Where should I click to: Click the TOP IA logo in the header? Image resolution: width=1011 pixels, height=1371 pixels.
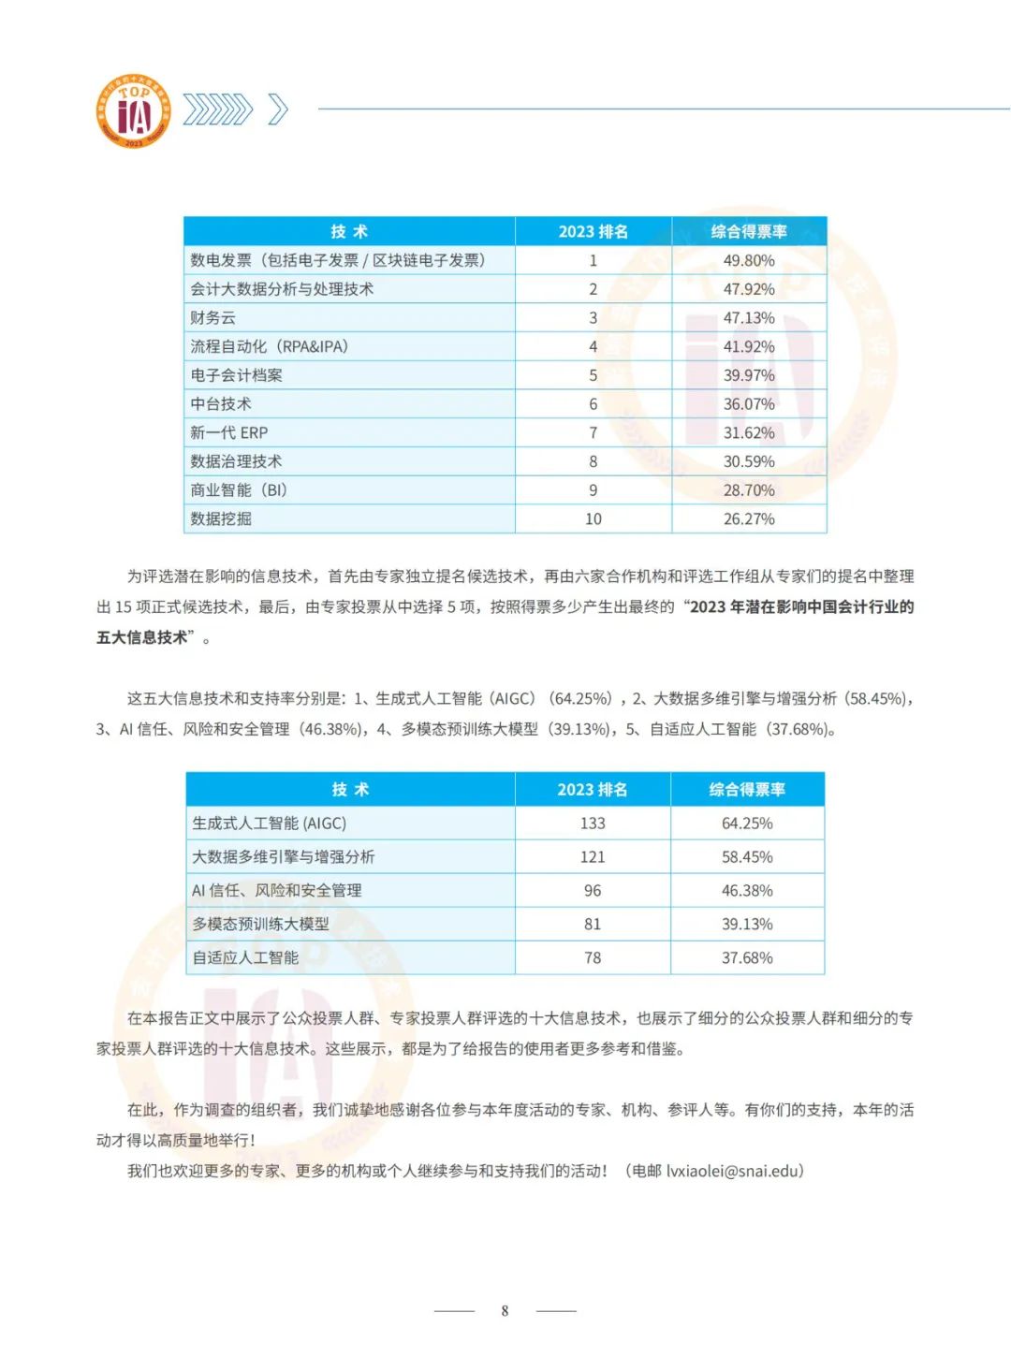(135, 111)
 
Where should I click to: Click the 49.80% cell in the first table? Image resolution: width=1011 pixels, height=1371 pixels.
(749, 260)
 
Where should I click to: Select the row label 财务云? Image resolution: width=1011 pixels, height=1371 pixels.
(213, 318)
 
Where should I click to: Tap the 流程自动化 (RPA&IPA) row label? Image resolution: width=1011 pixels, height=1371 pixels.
(270, 346)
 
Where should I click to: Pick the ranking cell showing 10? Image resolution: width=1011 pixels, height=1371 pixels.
(593, 518)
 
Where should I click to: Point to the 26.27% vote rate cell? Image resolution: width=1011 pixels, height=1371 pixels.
(749, 518)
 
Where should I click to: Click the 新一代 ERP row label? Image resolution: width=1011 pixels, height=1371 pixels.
(229, 432)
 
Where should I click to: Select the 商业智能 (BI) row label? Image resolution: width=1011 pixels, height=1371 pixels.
(239, 490)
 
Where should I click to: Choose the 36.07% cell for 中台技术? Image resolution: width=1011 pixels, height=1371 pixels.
(749, 404)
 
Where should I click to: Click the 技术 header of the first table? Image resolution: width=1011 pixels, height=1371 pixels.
(349, 231)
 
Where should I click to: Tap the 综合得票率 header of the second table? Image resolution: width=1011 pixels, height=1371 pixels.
(747, 789)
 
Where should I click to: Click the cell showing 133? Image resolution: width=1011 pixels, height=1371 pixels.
(593, 824)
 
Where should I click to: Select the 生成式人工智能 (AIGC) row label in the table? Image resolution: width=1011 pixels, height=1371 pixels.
(270, 824)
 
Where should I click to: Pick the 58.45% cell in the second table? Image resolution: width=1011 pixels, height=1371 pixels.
(747, 857)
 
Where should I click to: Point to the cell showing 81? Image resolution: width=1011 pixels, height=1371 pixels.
(593, 925)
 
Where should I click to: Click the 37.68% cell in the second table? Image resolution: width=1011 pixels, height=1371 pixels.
(747, 958)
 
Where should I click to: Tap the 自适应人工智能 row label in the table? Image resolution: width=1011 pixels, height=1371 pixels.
(245, 958)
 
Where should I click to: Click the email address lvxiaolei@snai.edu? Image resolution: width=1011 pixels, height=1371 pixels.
(734, 1171)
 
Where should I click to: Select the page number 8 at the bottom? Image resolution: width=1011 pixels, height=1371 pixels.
(505, 1311)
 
